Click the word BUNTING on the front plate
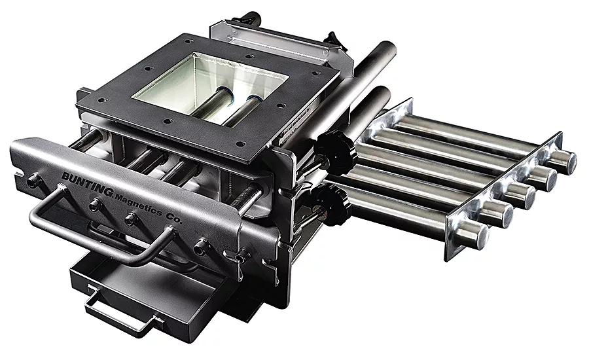pos(87,184)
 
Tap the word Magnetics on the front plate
pos(139,205)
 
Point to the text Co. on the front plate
pos(173,218)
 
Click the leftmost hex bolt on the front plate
pos(31,182)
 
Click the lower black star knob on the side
pos(330,205)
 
